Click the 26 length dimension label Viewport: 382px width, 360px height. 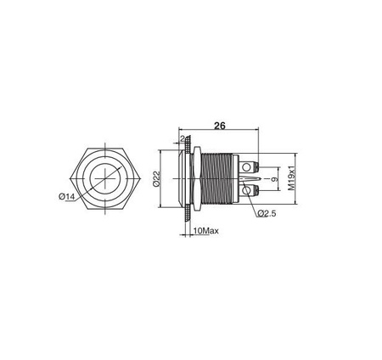pyautogui.click(x=219, y=126)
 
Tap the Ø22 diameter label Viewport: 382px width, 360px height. pyautogui.click(x=154, y=179)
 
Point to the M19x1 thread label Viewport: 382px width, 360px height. pyautogui.click(x=291, y=179)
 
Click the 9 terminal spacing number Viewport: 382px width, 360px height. pyautogui.click(x=273, y=179)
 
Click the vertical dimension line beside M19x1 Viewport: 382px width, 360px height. pyautogui.click(x=284, y=179)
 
